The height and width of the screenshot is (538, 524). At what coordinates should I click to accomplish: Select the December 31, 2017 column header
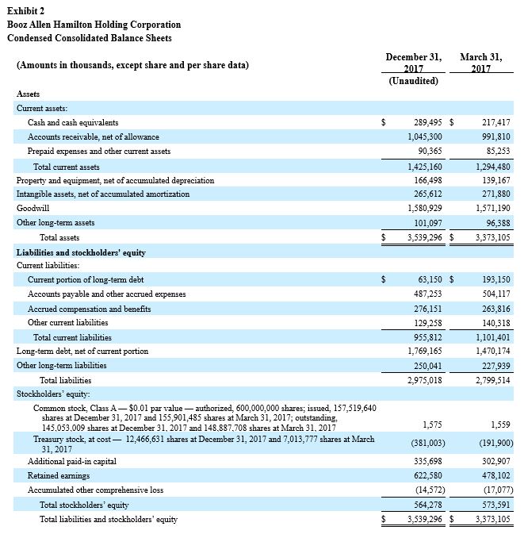[x=412, y=63]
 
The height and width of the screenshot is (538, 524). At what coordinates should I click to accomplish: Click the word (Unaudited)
[x=412, y=82]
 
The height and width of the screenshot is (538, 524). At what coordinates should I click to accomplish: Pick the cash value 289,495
[x=424, y=123]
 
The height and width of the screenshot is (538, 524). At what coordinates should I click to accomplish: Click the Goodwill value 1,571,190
[x=491, y=209]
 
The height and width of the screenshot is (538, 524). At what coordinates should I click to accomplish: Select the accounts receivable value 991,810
[x=495, y=137]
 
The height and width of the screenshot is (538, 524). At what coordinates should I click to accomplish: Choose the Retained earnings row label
[x=58, y=475]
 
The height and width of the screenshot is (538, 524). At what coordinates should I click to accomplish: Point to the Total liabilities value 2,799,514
[x=491, y=380]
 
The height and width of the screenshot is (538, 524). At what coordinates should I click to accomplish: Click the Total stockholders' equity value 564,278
[x=424, y=505]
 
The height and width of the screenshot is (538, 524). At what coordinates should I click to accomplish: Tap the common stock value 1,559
[x=500, y=425]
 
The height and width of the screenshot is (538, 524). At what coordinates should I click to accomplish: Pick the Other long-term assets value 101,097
[x=424, y=223]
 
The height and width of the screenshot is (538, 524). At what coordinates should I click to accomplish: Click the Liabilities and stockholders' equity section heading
[x=81, y=252]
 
